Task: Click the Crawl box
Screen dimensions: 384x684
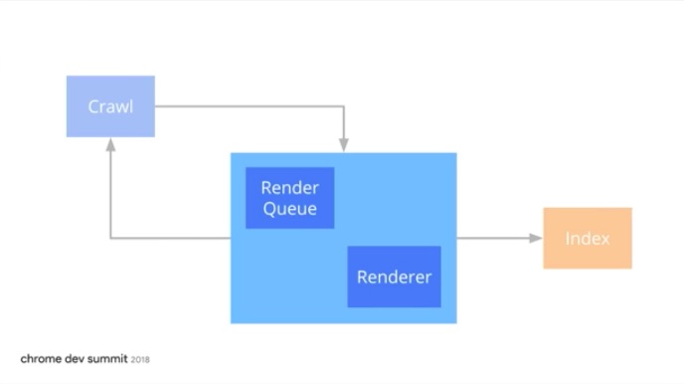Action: [110, 105]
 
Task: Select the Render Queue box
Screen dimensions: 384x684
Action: [289, 198]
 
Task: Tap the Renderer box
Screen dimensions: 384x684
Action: [394, 277]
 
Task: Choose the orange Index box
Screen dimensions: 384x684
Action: [587, 238]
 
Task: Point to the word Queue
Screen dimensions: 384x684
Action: [289, 209]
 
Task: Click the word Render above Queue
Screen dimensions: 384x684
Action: [289, 188]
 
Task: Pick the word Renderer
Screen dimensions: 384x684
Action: [394, 277]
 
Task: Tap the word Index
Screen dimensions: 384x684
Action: [587, 239]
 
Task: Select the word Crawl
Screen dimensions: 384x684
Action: [110, 106]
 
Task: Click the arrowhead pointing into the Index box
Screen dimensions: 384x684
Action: [536, 238]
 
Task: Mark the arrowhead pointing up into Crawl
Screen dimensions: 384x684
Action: [110, 144]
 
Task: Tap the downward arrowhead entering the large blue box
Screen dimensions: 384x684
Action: [344, 145]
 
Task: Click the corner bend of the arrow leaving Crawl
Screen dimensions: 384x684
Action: [344, 106]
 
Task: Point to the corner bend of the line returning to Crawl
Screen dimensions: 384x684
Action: [110, 238]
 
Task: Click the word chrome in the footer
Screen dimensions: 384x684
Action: [41, 358]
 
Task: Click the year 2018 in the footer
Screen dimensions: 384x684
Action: [140, 359]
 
